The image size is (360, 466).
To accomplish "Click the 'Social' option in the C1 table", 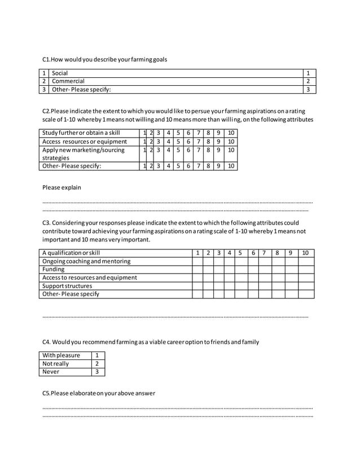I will tap(60, 73).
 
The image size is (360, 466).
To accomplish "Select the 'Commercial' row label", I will tap(68, 81).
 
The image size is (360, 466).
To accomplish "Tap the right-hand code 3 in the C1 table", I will tap(308, 89).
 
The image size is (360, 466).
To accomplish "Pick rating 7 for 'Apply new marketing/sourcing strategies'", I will tap(199, 150).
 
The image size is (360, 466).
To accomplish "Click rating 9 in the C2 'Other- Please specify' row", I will tap(218, 166).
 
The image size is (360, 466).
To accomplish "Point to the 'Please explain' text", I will tap(62, 187).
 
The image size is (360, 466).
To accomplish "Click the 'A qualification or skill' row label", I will tap(71, 253).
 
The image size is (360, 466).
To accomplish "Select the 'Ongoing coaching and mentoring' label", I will tap(86, 261).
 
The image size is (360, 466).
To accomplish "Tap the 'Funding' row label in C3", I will tap(54, 270).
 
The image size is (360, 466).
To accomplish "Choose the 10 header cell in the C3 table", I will tap(306, 253).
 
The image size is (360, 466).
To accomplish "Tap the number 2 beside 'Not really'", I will tap(98, 364).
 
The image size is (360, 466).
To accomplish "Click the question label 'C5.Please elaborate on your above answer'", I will tap(99, 393).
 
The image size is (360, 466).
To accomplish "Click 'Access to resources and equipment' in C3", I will tap(90, 278).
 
